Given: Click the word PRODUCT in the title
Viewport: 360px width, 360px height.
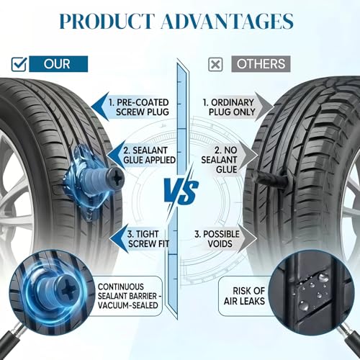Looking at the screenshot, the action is [106, 21].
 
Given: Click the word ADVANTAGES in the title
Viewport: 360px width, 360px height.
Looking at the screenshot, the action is [228, 21].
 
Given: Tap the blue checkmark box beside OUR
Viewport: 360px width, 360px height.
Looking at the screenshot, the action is [19, 63].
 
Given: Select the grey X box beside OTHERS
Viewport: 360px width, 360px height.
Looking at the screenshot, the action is [215, 64].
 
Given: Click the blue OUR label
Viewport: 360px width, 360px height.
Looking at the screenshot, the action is [58, 64].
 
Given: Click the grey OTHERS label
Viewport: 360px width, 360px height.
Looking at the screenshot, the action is [261, 64].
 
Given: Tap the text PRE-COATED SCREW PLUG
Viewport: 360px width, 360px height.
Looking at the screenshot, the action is [139, 107].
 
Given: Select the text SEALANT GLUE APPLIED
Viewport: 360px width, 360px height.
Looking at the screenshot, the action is [149, 155].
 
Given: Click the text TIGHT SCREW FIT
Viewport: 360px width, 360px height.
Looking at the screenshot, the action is [148, 239].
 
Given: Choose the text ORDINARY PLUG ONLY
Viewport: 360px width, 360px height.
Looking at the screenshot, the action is [229, 107].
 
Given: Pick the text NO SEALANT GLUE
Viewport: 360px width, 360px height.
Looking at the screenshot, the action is [220, 160].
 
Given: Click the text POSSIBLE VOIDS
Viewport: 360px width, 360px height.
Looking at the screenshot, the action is [217, 239].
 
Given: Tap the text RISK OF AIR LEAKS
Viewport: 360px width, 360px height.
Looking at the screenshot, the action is [245, 296].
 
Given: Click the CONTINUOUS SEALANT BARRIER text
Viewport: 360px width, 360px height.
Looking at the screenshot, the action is [130, 296].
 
